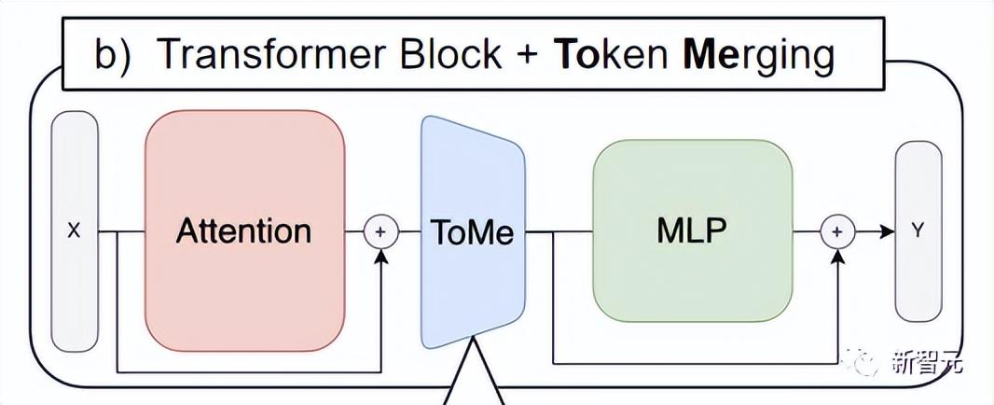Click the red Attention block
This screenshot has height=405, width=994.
tap(244, 230)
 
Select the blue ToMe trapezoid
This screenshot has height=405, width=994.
tap(472, 230)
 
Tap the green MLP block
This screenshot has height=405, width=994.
tap(693, 230)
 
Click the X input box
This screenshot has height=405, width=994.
tap(75, 230)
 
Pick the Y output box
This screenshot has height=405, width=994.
tap(918, 230)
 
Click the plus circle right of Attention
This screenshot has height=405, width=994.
tap(380, 230)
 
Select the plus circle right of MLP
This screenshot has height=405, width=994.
tap(836, 230)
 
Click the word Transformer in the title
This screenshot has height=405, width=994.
tap(271, 56)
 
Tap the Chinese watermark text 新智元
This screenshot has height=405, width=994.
tap(931, 360)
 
